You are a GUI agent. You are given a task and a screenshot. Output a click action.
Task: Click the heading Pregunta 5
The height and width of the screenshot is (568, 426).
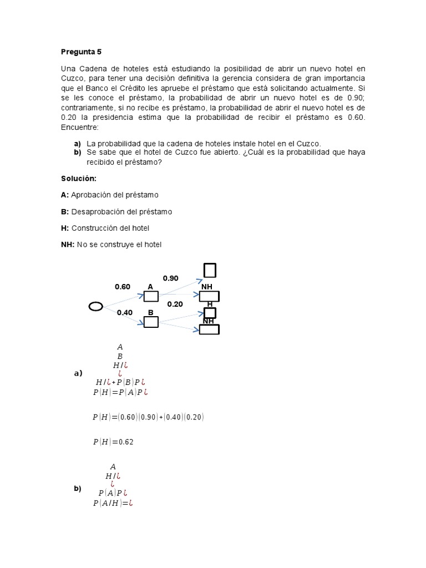81,52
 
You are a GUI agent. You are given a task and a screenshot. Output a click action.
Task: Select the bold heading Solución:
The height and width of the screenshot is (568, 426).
78,178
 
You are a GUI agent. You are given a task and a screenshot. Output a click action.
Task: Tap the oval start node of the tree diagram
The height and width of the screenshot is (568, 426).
95,307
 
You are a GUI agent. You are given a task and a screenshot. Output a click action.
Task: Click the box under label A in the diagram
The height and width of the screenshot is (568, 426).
151,296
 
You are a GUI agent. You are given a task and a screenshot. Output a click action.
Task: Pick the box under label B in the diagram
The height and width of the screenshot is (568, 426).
151,322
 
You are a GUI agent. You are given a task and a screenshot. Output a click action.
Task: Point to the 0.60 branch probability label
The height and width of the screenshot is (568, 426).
122,287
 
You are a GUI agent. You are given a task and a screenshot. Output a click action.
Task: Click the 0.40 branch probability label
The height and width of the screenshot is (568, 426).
124,312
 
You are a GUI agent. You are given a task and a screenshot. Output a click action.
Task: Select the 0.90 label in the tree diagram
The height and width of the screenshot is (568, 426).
170,278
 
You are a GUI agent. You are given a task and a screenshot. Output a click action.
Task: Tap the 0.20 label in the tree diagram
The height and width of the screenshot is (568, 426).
175,304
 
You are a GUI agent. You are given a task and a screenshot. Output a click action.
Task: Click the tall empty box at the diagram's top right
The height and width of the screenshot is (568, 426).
210,270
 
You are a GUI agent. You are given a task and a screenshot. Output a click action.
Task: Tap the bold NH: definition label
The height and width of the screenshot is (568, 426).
68,245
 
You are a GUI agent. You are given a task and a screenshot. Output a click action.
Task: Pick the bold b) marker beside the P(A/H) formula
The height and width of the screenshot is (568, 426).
77,489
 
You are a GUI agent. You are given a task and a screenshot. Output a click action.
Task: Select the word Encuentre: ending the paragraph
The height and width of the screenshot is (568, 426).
80,128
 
